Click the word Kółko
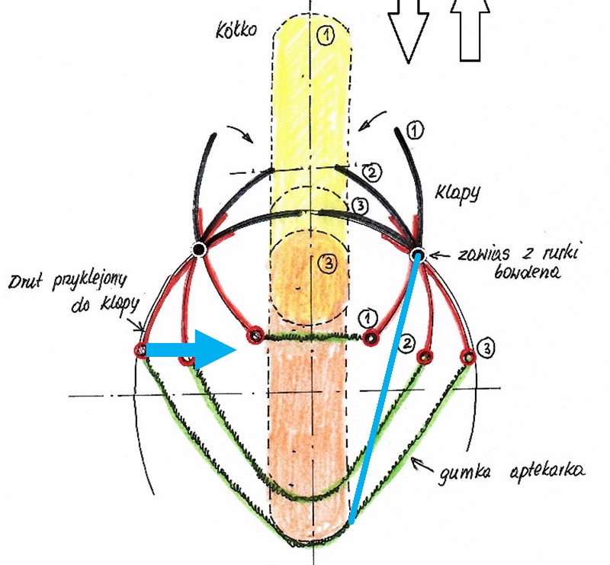[237, 30]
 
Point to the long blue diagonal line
[384, 389]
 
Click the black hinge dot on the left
[199, 249]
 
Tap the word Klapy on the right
[459, 194]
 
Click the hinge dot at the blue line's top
[418, 254]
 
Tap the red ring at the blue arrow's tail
[140, 349]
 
